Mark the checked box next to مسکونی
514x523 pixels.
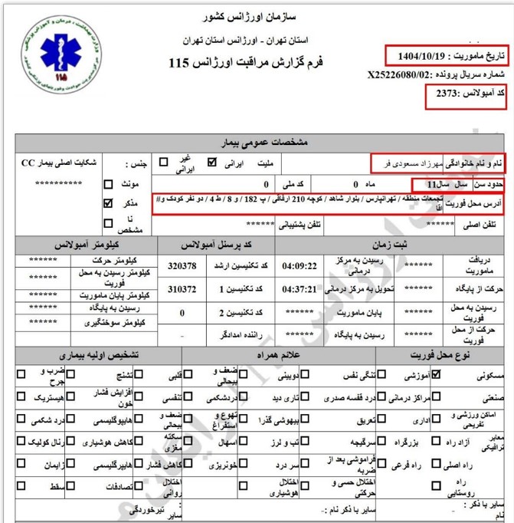436,376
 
